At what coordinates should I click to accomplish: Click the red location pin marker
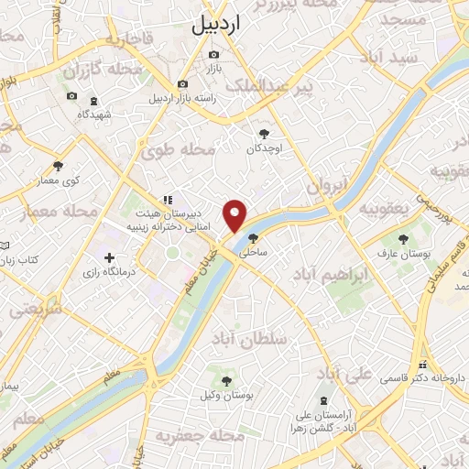(236, 214)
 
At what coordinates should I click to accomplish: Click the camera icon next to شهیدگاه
(72, 96)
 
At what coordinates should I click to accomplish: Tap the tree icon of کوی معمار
(58, 166)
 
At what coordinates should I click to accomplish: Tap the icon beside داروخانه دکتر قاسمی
(422, 363)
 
